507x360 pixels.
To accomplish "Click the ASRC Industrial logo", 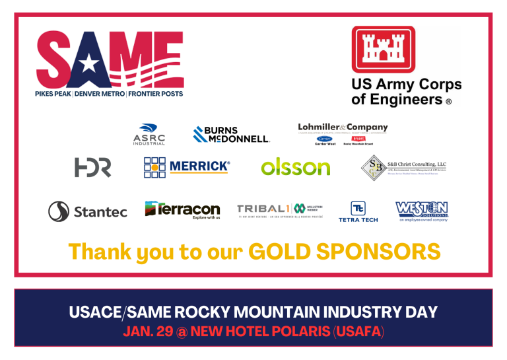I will pyautogui.click(x=149, y=134).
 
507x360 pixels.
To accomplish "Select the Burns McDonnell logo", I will pyautogui.click(x=231, y=135).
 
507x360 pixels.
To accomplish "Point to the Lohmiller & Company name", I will pyautogui.click(x=343, y=127).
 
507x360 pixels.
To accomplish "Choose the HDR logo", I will pyautogui.click(x=92, y=167).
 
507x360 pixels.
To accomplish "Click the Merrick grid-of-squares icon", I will pyautogui.click(x=154, y=167).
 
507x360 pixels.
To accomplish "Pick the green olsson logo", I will pyautogui.click(x=295, y=167).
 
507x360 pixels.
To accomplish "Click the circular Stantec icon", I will pyautogui.click(x=59, y=211).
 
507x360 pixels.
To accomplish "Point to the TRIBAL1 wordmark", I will pyautogui.click(x=263, y=209).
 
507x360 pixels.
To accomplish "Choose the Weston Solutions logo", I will pyautogui.click(x=422, y=211).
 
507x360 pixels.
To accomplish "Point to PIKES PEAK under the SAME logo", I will pyautogui.click(x=53, y=94).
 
